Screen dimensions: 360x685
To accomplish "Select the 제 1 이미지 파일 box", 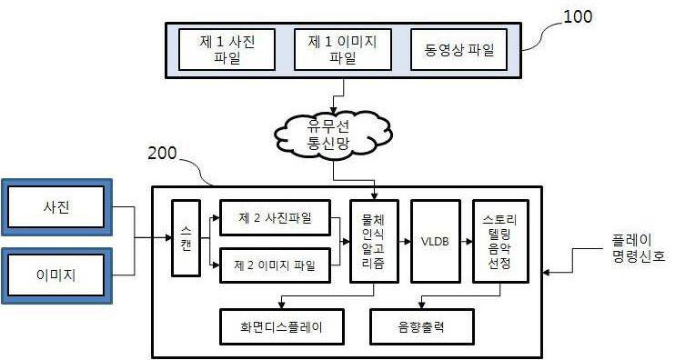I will tap(332, 49).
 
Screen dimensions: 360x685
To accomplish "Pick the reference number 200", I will tap(166, 155).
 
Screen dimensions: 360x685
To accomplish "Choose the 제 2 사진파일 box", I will tap(274, 218).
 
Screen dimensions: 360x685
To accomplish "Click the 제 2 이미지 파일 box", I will tap(274, 265).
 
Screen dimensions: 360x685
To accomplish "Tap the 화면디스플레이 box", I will tap(283, 326).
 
